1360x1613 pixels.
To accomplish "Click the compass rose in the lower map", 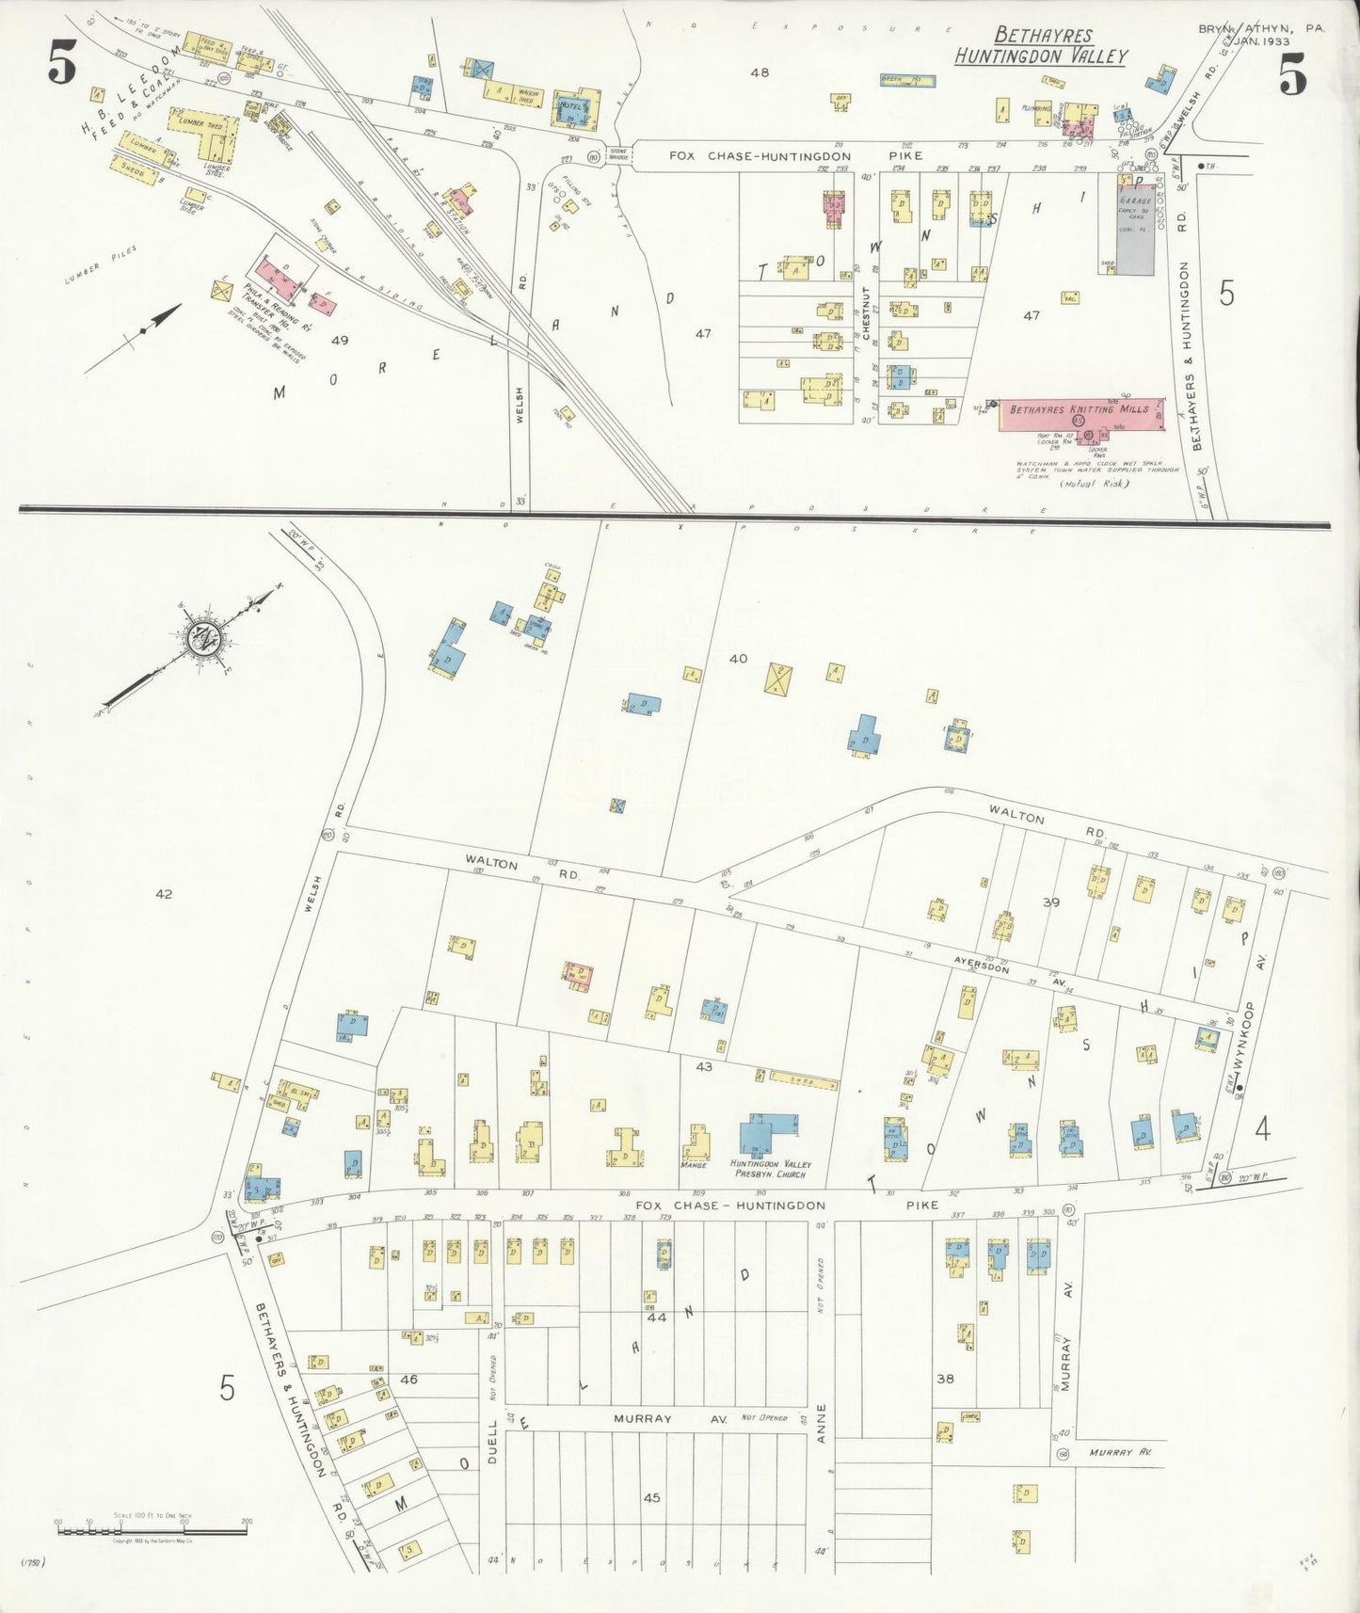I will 201,639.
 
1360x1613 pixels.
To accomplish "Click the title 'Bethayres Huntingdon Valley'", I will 1042,46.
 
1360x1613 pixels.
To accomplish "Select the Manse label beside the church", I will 693,1165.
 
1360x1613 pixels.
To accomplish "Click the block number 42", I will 164,894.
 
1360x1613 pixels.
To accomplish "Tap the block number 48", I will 760,72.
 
